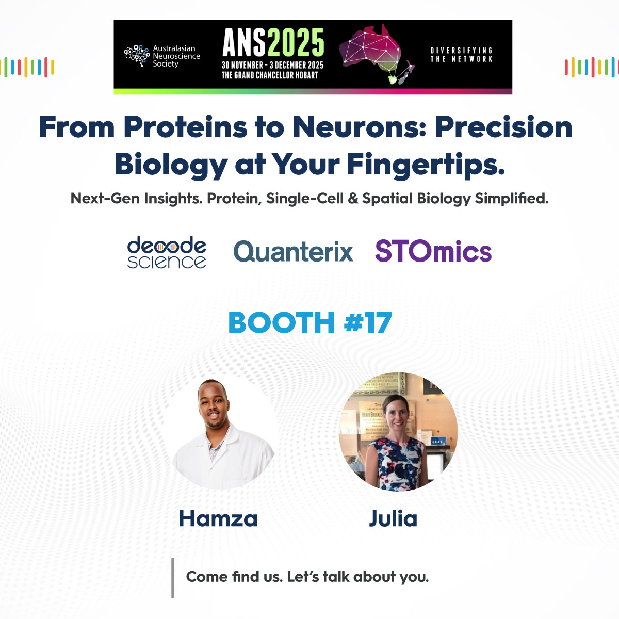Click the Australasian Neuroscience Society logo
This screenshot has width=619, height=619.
162,56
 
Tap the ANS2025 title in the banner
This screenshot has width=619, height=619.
273,42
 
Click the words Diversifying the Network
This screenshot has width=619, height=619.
461,55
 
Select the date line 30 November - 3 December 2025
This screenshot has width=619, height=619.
272,65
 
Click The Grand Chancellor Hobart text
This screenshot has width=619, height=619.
270,75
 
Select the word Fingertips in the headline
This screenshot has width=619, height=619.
425,164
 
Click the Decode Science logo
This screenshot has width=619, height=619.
167,252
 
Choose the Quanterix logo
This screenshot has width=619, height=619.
293,252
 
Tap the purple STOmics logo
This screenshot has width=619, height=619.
433,252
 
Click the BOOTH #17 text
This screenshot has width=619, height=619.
309,323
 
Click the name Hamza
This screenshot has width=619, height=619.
218,518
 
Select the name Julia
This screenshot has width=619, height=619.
393,518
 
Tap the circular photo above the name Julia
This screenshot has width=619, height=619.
398,431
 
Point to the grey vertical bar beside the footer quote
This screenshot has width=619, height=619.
173,578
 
